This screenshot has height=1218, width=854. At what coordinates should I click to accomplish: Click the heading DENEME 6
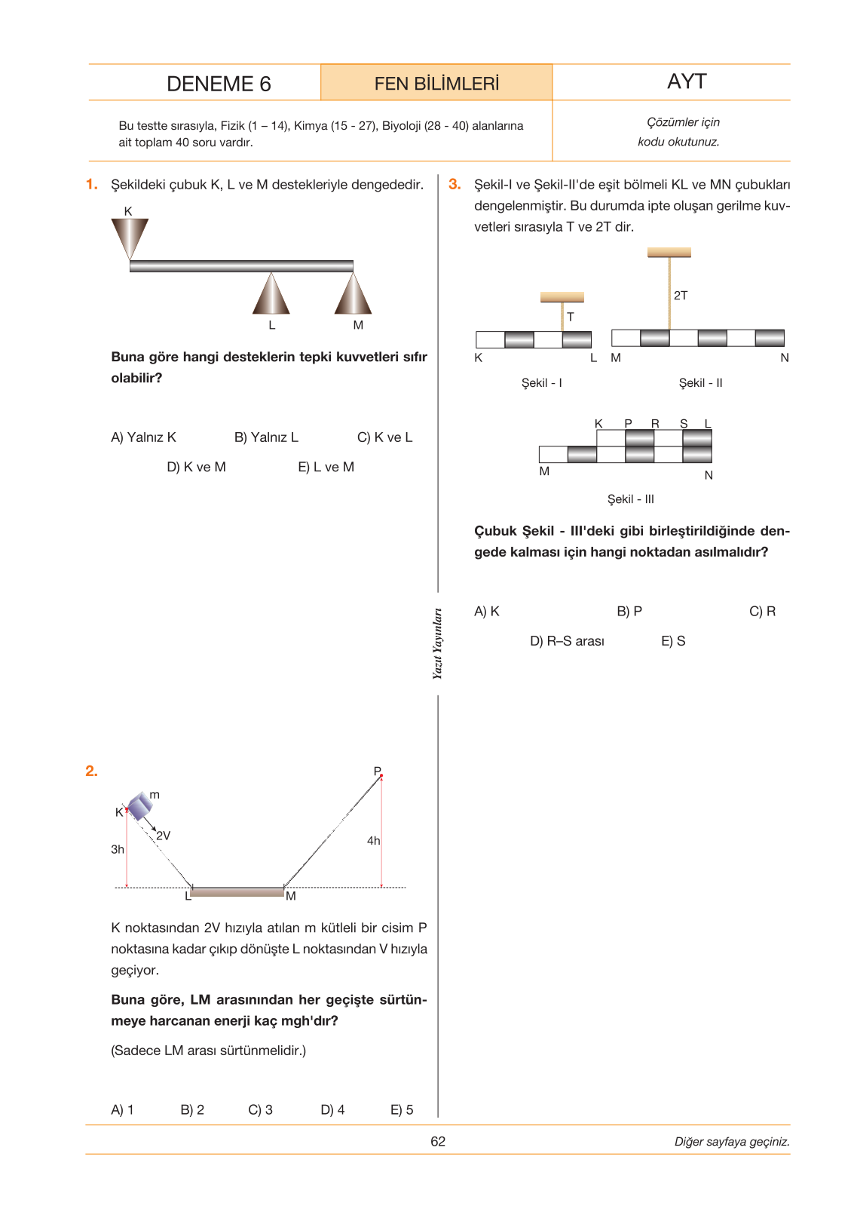219,84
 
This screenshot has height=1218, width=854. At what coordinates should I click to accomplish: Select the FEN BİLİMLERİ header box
436,82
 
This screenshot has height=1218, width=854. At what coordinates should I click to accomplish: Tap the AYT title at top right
686,81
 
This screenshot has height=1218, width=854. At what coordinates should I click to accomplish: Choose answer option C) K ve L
384,437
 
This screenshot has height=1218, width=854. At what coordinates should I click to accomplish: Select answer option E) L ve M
326,467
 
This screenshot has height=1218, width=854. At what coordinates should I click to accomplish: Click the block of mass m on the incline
139,805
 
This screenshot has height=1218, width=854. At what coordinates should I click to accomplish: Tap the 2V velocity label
163,836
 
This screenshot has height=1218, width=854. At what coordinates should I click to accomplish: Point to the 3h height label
118,849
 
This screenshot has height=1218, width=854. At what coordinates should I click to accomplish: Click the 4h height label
373,841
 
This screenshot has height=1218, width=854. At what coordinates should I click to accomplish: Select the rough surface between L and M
237,891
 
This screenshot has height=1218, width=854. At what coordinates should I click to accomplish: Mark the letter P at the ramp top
378,771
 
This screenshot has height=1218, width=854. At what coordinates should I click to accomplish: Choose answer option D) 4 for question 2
332,1109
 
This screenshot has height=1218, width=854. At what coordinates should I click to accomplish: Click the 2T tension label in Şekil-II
680,295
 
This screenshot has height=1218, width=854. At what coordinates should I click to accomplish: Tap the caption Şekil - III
630,499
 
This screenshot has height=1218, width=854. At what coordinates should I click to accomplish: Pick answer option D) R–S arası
566,641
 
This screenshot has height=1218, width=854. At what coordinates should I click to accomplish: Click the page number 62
438,1141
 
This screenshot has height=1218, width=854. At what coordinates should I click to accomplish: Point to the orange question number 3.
455,184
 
